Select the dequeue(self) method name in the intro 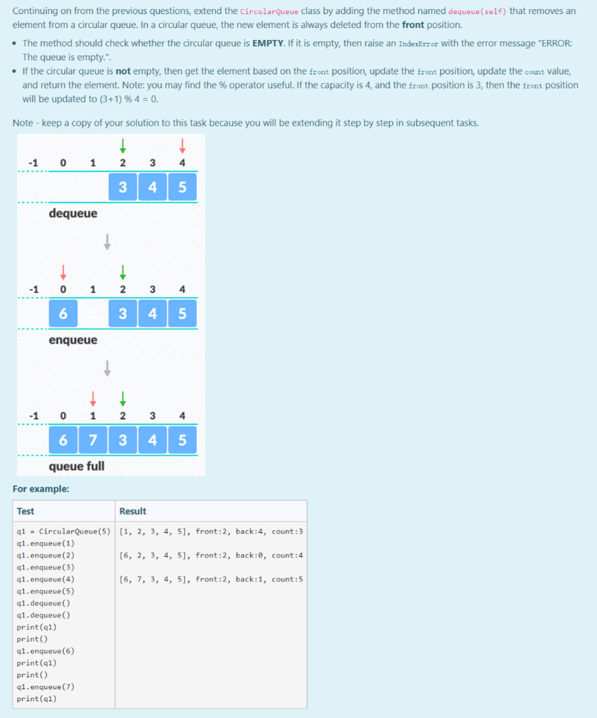[x=476, y=12]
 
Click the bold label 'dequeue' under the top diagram [x=73, y=213]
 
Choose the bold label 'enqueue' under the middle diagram [x=73, y=340]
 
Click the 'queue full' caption [x=76, y=466]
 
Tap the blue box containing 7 [x=93, y=440]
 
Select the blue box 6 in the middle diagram [x=63, y=313]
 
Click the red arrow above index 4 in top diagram [x=182, y=145]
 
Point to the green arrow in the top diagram [x=123, y=145]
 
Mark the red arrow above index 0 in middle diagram [x=63, y=271]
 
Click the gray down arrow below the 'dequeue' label [x=107, y=241]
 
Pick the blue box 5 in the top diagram [x=182, y=187]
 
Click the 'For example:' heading [x=41, y=489]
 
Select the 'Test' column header [x=25, y=511]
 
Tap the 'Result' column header [x=132, y=511]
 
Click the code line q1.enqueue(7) [x=45, y=686]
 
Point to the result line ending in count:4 [x=211, y=555]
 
